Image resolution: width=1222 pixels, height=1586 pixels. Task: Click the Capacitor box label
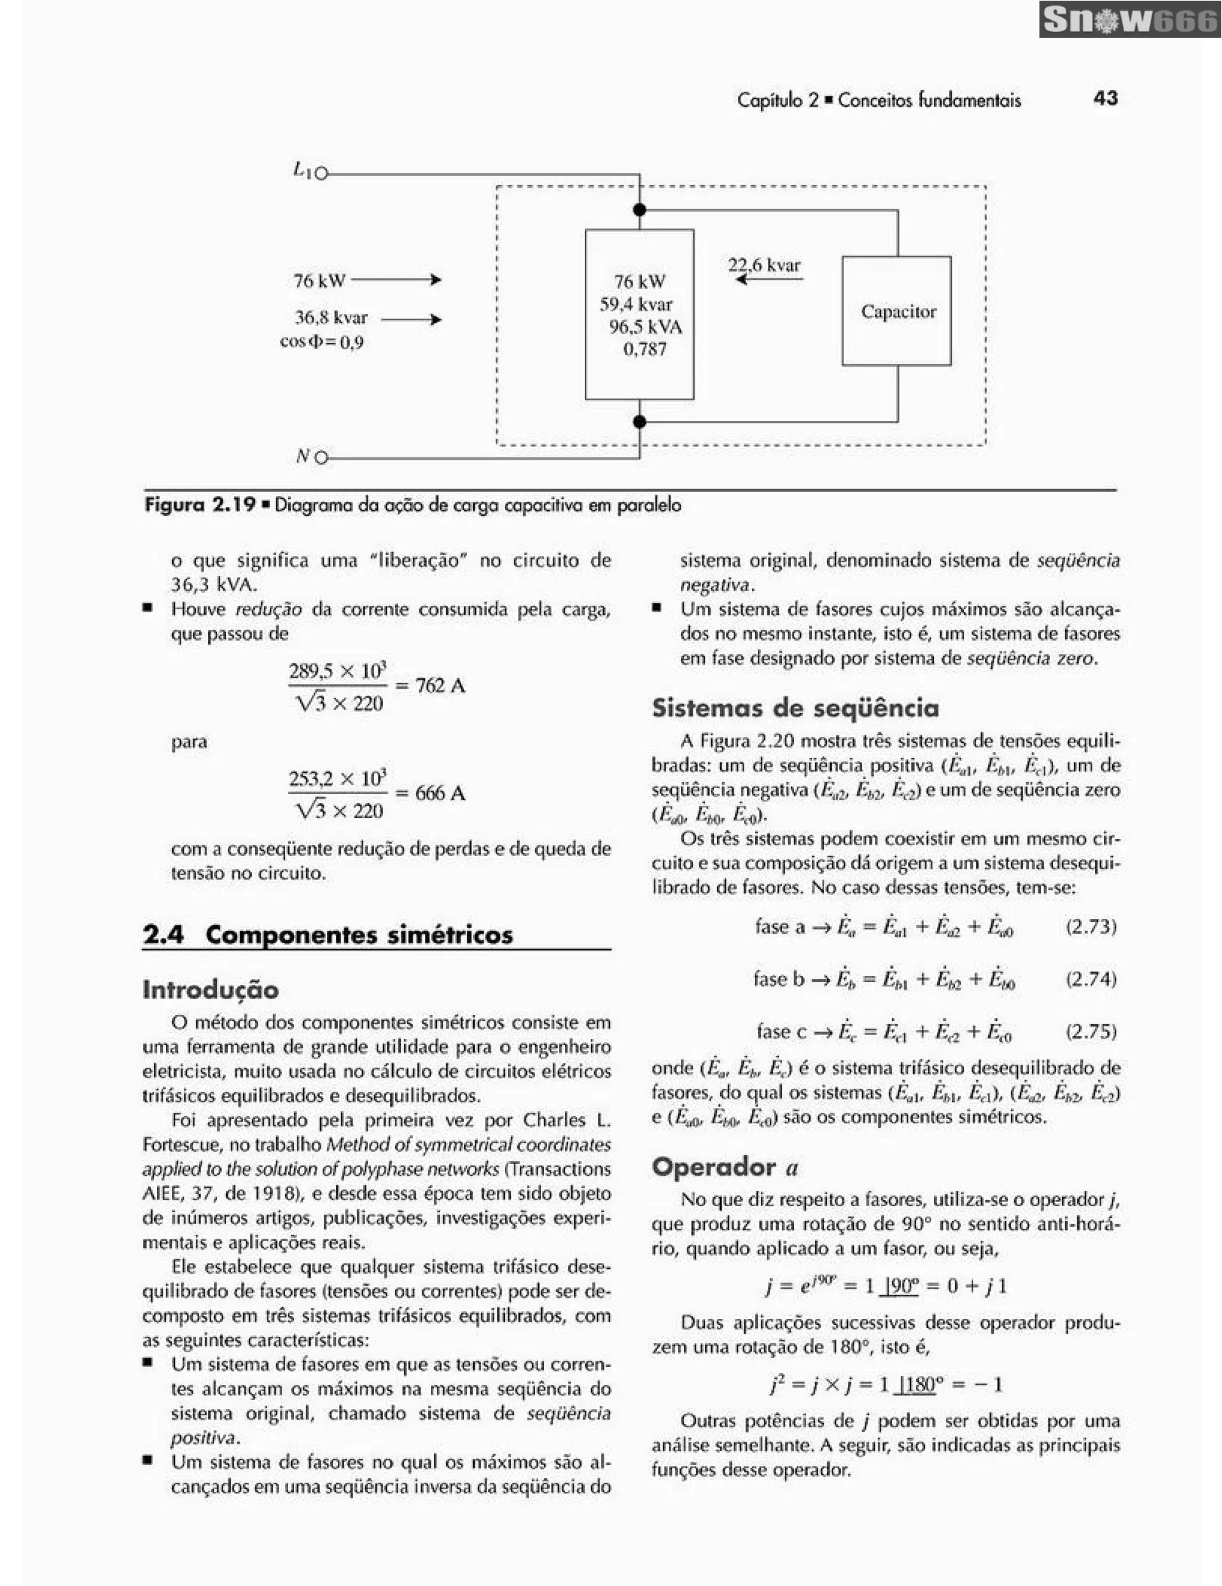point(898,311)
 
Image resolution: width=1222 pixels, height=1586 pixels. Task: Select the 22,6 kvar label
point(764,265)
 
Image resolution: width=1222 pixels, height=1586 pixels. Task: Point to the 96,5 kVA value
point(645,327)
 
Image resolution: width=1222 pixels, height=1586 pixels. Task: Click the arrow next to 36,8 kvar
point(411,320)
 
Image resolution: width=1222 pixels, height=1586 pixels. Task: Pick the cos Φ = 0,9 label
point(321,341)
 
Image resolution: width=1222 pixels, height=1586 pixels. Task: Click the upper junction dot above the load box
point(639,210)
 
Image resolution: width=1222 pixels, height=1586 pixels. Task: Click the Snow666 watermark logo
point(1129,20)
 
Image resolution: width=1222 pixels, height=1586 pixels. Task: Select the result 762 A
point(440,685)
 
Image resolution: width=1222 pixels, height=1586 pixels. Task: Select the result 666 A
point(440,792)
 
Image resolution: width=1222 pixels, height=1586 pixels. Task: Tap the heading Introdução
point(211,989)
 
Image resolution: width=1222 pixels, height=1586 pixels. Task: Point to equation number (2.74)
point(1091,979)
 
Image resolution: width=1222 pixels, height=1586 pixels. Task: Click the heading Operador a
point(724,1166)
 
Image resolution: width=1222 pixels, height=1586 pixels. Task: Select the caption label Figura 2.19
point(200,504)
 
